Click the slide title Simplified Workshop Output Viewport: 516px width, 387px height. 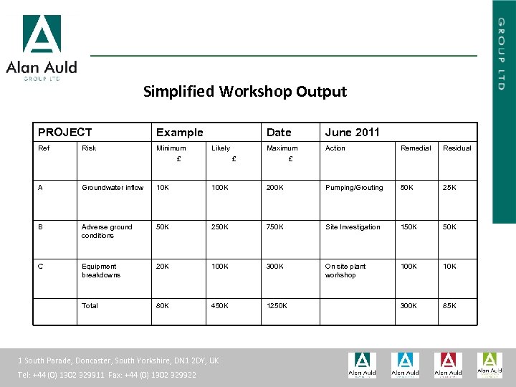244,92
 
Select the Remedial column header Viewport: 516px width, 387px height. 416,148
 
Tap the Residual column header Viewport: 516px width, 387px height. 457,148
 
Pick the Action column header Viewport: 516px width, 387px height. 335,148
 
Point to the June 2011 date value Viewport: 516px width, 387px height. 352,132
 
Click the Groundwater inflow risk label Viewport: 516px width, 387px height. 113,188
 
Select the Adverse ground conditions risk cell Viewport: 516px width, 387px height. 107,231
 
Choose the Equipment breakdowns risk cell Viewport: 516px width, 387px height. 101,270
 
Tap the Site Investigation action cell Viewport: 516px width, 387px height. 353,227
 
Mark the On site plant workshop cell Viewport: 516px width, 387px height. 345,270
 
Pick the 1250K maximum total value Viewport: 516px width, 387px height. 277,306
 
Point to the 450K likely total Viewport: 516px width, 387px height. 220,306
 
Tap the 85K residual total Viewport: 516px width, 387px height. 450,306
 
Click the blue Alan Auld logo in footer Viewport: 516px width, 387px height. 405,365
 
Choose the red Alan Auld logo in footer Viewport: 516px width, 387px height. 448,365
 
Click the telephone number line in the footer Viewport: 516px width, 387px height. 107,375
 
